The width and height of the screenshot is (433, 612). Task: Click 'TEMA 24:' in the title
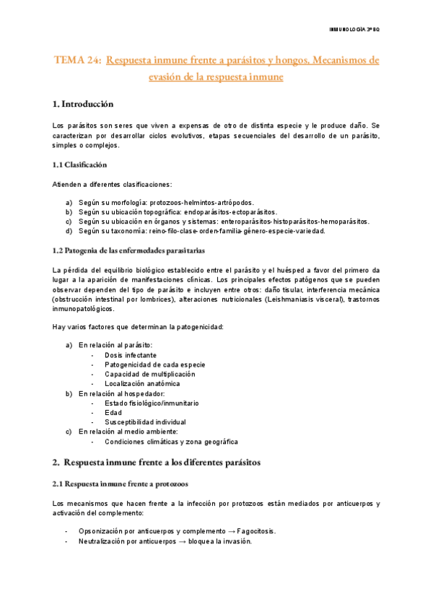(78, 61)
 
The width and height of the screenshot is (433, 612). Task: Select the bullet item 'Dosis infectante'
(133, 356)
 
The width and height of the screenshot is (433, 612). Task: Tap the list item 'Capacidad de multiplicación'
(150, 375)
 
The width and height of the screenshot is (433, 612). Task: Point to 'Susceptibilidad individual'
(145, 421)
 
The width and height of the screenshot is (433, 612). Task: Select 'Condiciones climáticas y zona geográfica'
(171, 441)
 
